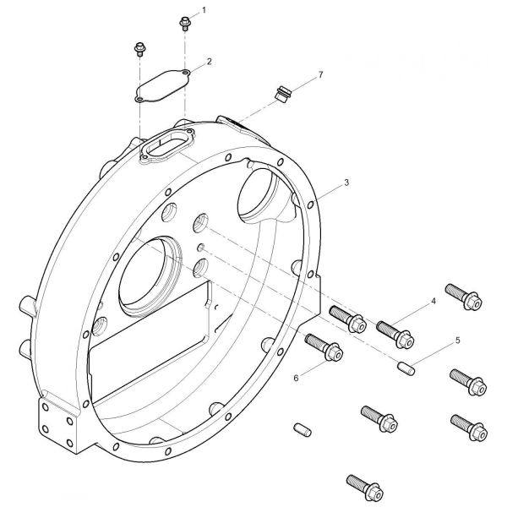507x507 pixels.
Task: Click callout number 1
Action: click(x=204, y=10)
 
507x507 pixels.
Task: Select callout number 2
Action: click(x=210, y=61)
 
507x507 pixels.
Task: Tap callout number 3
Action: click(x=346, y=183)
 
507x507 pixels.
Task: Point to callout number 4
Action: click(x=433, y=302)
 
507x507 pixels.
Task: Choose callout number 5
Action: click(x=457, y=341)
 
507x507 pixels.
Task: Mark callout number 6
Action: click(x=296, y=378)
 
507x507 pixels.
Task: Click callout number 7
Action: click(x=320, y=74)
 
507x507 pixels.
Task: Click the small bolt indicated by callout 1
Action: click(x=184, y=24)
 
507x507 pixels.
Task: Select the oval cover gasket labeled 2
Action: click(x=162, y=85)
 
